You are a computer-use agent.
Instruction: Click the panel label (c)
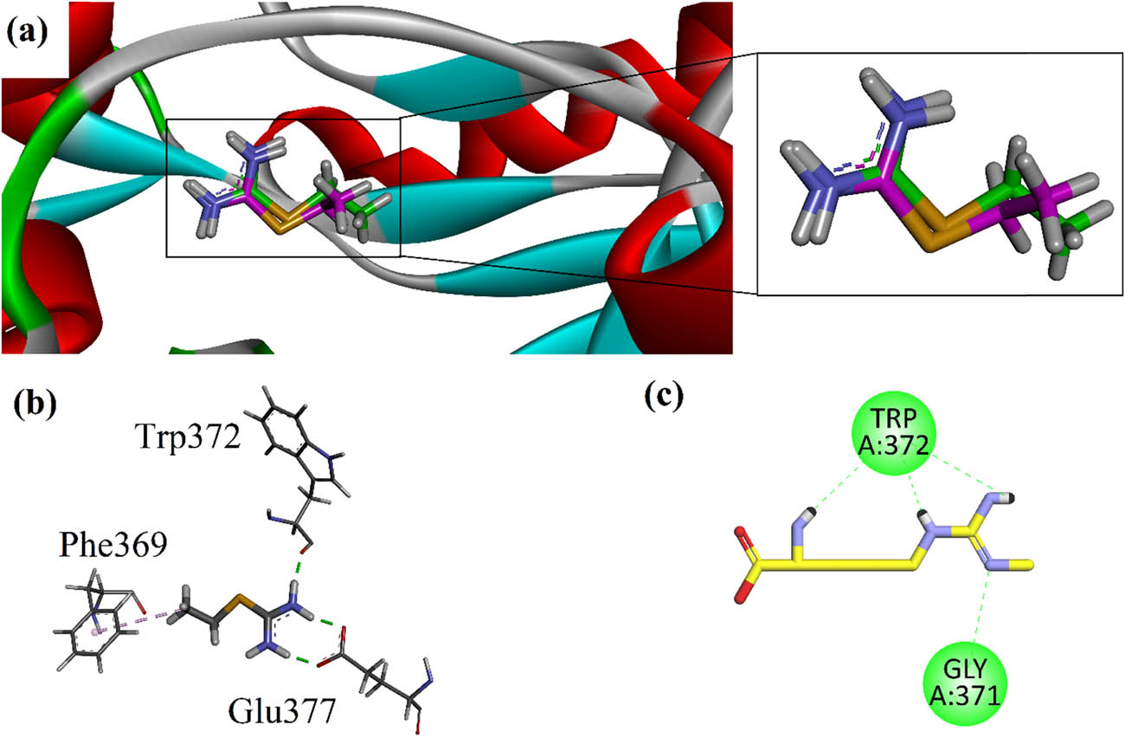coord(665,394)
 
